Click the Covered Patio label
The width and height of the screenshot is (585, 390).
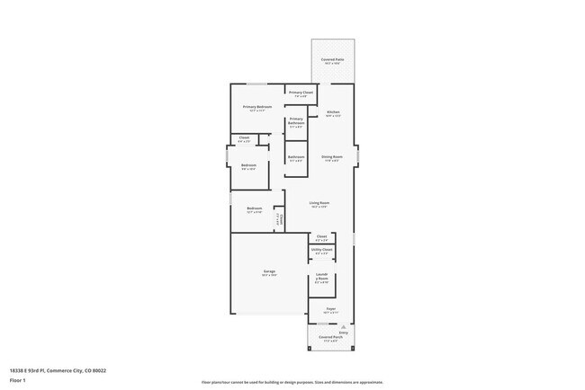[332, 60]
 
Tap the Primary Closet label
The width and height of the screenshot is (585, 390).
[301, 93]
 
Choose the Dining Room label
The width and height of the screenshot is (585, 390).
[332, 157]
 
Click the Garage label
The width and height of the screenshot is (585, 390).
[269, 272]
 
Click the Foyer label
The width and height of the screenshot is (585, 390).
[331, 309]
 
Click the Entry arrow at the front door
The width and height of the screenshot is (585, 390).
[343, 331]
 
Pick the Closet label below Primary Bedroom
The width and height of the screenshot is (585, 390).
[244, 138]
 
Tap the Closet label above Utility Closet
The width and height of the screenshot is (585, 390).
[321, 237]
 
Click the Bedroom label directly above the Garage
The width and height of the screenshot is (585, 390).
[254, 209]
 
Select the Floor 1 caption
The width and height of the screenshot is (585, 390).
[16, 379]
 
